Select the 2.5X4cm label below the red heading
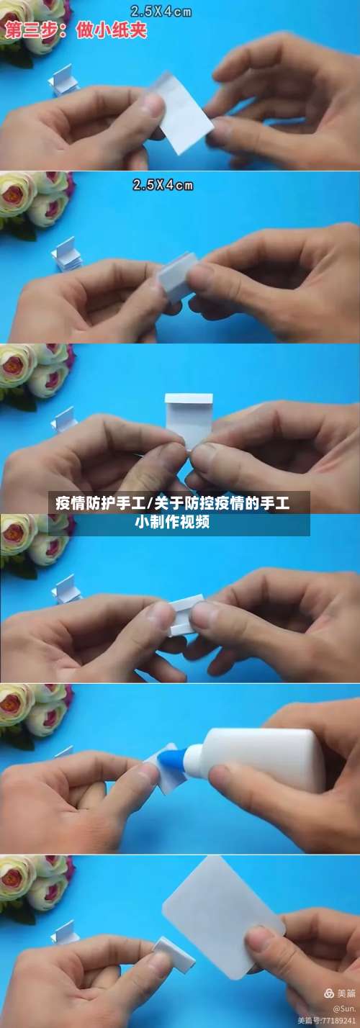pyautogui.click(x=163, y=185)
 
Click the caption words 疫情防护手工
pyautogui.click(x=100, y=503)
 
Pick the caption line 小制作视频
pyautogui.click(x=172, y=522)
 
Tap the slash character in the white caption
pyautogui.click(x=149, y=503)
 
